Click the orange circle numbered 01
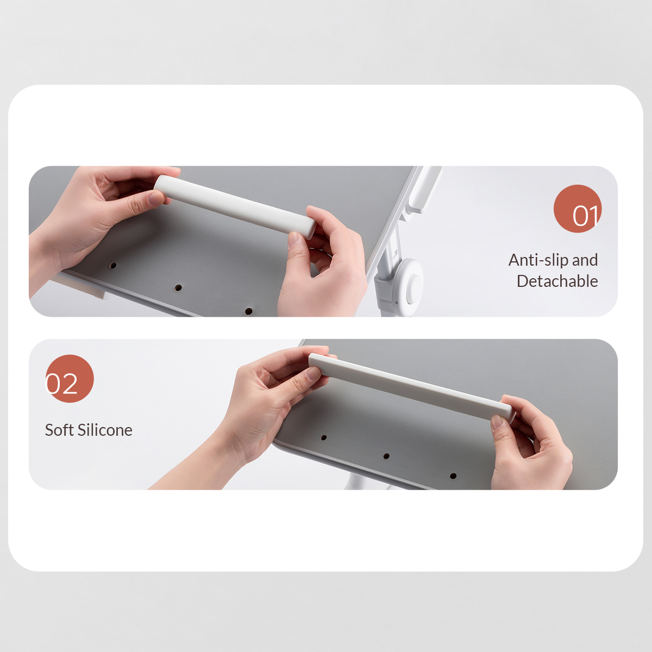(578, 209)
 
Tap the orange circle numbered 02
(70, 379)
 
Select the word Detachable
(557, 281)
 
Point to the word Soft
(59, 430)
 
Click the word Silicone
(105, 430)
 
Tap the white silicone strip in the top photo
(235, 207)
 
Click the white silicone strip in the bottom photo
(412, 387)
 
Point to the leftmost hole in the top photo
(114, 266)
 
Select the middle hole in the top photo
(178, 288)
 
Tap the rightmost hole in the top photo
(249, 311)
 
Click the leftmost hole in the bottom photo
(324, 437)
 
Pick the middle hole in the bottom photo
(386, 456)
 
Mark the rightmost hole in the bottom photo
(453, 476)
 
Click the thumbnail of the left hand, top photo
(156, 197)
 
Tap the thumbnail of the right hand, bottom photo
(497, 423)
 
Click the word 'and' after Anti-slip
(585, 260)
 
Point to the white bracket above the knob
(423, 190)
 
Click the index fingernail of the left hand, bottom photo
(314, 373)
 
